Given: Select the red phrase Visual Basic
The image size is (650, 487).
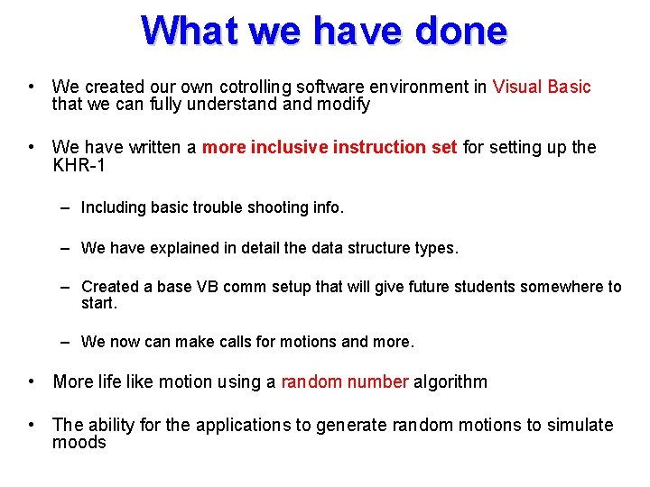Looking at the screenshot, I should tap(542, 87).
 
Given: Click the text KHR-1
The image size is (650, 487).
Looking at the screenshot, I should tap(79, 165).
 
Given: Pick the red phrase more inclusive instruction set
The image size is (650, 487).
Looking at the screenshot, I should tap(330, 147).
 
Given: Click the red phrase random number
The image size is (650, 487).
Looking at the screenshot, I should tap(345, 381).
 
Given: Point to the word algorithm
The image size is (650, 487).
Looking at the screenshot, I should tap(450, 381).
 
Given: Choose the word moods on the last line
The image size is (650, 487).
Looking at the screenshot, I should tap(79, 443).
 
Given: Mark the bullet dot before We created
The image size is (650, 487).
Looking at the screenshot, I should tap(32, 87).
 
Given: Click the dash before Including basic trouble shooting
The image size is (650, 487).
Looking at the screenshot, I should tap(66, 207).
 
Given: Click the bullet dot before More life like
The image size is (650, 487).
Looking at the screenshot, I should tap(32, 381).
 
